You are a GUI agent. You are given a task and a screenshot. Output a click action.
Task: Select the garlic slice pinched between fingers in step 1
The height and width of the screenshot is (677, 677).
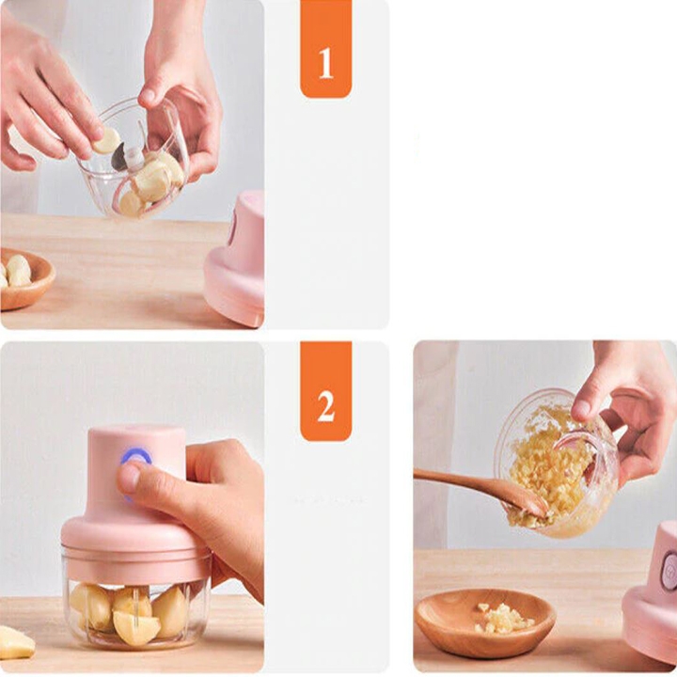coord(106,140)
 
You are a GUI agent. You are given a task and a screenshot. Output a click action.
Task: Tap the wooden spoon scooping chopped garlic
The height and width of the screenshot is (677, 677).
coord(480,490)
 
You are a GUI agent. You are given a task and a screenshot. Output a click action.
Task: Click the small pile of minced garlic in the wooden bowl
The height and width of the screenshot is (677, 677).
coord(503,618)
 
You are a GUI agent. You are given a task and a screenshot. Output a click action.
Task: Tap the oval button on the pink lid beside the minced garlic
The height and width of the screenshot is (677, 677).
coord(669,570)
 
